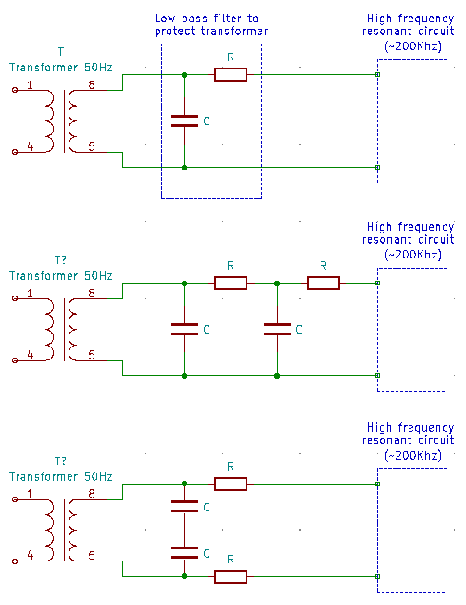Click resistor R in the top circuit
click(231, 74)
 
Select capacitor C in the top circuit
click(185, 120)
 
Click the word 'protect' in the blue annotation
click(177, 32)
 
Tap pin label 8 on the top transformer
click(91, 85)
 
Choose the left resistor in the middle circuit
click(231, 283)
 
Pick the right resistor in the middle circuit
click(323, 283)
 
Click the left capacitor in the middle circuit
click(185, 329)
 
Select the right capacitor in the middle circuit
click(278, 329)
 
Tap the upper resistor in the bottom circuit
click(231, 484)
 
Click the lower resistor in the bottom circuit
click(231, 576)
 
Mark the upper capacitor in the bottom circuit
click(185, 507)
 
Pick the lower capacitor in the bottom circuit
click(185, 553)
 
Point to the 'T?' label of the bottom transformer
click(61, 460)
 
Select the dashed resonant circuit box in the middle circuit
click(412, 329)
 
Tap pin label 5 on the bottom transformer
click(91, 556)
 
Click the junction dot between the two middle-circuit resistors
click(278, 283)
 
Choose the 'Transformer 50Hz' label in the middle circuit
click(61, 275)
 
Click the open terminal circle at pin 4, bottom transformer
click(14, 561)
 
